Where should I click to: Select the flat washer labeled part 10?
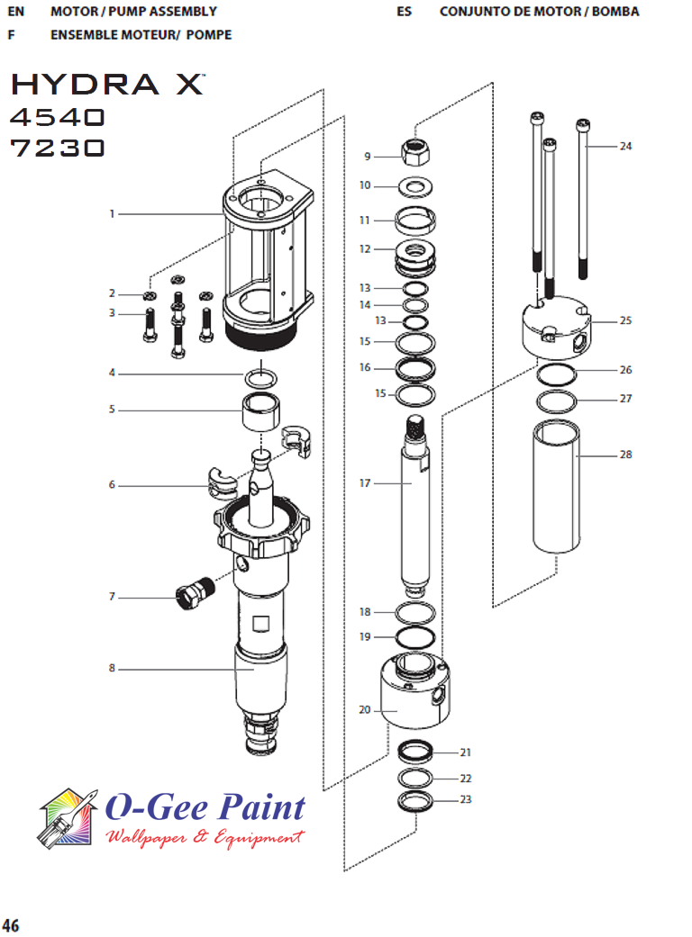[x=416, y=187]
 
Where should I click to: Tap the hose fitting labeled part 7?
[x=193, y=593]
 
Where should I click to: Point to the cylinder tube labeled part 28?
[x=556, y=486]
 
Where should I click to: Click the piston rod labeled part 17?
[x=415, y=504]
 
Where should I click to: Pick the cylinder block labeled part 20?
[x=413, y=693]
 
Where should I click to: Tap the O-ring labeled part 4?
[x=259, y=374]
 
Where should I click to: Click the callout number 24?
[x=625, y=146]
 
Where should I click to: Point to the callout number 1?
[x=112, y=214]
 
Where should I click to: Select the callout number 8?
[x=112, y=669]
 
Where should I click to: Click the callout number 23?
[x=465, y=799]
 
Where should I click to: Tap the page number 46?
[x=11, y=925]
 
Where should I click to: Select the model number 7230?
[x=58, y=149]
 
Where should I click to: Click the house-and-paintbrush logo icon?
[x=68, y=819]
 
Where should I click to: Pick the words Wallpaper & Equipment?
[x=205, y=838]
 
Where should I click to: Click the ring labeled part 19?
[x=416, y=637]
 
